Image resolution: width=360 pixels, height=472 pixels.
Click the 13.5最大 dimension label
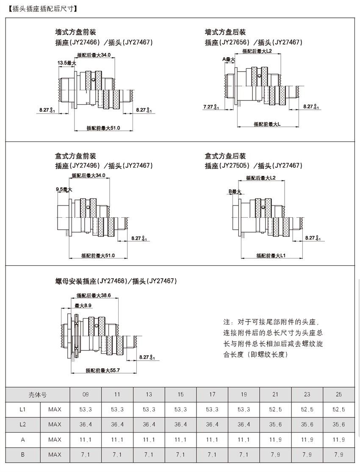[x=66, y=63]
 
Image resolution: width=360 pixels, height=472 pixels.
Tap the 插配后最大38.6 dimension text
[x=93, y=295]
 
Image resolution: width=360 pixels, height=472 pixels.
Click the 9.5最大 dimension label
[x=64, y=189]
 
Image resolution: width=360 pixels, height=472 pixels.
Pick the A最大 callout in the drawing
[x=229, y=60]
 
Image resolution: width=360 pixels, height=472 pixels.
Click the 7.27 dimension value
[x=208, y=107]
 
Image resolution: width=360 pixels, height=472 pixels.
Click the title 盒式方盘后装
[x=225, y=156]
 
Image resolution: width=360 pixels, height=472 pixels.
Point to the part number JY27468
[x=112, y=281]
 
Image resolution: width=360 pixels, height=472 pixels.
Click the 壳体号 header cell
[x=37, y=394]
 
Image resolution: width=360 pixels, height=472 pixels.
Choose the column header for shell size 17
[x=212, y=394]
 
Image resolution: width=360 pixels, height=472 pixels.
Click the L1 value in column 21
[x=275, y=409]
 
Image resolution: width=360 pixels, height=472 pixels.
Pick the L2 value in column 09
[x=86, y=425]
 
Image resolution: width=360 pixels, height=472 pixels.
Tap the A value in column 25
[x=338, y=440]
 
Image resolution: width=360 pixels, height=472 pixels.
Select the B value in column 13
[x=149, y=455]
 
